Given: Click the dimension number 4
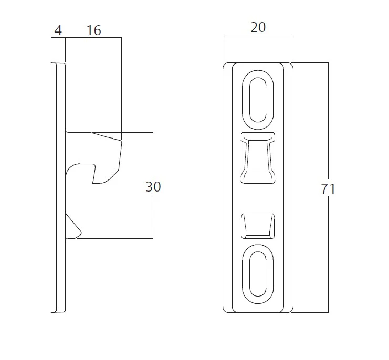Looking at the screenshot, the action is coord(58,30).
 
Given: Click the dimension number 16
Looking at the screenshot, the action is coord(94,30).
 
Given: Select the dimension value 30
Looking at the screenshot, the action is coord(153,187).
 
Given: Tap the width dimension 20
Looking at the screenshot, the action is coord(258,27).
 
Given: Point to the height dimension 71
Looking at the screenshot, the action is coord(328,189).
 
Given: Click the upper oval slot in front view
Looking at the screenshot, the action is coord(258,100).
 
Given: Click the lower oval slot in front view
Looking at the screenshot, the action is coord(258,274).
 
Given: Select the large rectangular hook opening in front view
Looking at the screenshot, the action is coord(258,158).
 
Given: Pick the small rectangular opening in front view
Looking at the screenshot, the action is coord(258,226).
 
